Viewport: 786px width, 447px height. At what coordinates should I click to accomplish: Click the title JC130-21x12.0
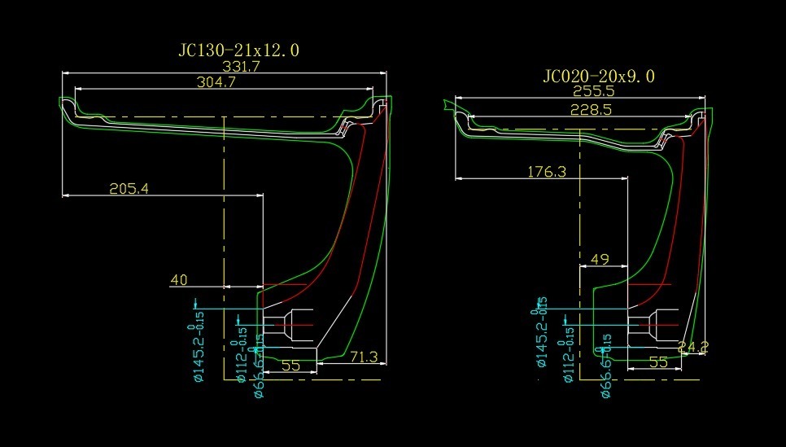tap(238, 50)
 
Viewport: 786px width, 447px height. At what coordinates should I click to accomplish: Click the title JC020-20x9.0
tap(599, 77)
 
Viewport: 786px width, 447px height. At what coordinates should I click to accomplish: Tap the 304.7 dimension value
tap(216, 81)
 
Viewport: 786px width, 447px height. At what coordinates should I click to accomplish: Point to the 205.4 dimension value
tap(130, 189)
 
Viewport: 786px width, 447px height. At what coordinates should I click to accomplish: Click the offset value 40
tap(179, 280)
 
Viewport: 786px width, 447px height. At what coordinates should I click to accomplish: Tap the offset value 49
tap(600, 260)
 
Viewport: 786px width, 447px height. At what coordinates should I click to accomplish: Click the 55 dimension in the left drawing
tap(290, 366)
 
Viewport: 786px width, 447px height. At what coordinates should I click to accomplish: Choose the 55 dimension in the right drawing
tap(659, 362)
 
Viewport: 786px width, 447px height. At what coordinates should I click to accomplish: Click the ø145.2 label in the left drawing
tap(199, 342)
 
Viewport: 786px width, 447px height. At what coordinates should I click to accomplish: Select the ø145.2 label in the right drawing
tap(542, 334)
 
